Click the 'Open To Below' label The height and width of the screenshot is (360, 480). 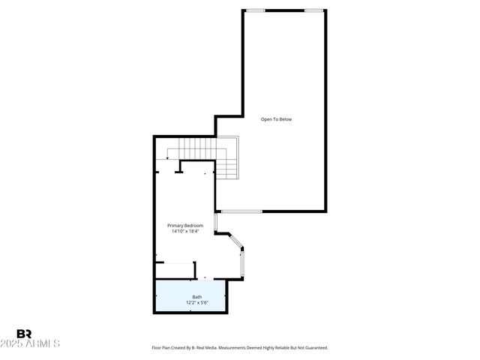click(276, 119)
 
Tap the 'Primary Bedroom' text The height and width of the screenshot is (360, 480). click(185, 225)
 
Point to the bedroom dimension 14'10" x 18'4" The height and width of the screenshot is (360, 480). click(185, 231)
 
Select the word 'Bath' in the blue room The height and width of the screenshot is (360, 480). click(196, 297)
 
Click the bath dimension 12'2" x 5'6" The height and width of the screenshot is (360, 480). click(196, 303)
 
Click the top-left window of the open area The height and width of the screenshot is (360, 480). click(256, 10)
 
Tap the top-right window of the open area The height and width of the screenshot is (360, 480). click(314, 10)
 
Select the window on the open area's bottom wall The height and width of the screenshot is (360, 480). click(240, 211)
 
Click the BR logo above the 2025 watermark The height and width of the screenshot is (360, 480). click(24, 334)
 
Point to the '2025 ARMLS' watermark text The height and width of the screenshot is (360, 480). click(37, 343)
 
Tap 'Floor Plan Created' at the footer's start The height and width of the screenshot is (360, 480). click(168, 347)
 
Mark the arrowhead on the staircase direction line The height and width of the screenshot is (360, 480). click(169, 159)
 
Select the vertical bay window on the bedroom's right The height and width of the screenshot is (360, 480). click(241, 262)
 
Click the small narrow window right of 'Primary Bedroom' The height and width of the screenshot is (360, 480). click(215, 223)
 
